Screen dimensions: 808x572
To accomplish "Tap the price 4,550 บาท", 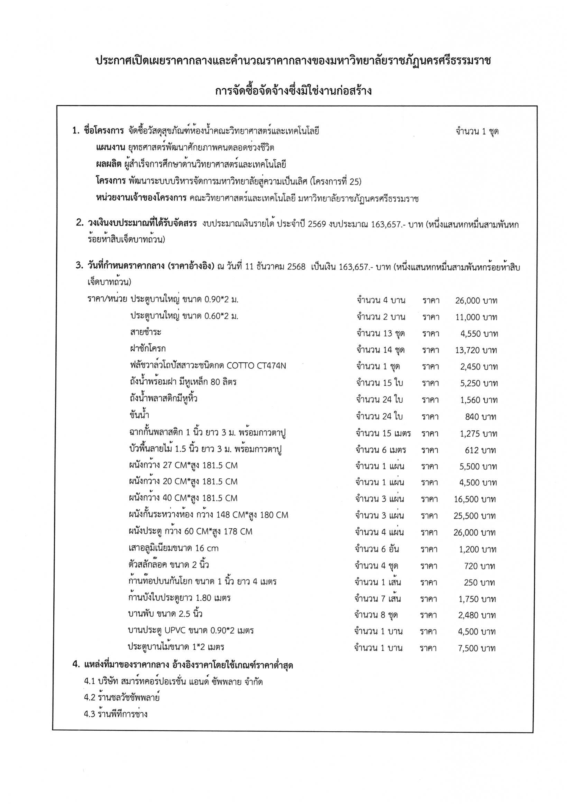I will pyautogui.click(x=479, y=334).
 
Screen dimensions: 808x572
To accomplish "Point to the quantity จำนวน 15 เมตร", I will pyautogui.click(x=383, y=433).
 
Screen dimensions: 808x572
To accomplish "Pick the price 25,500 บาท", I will pyautogui.click(x=474, y=516).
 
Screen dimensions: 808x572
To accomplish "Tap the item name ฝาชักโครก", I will pyautogui.click(x=148, y=349).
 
